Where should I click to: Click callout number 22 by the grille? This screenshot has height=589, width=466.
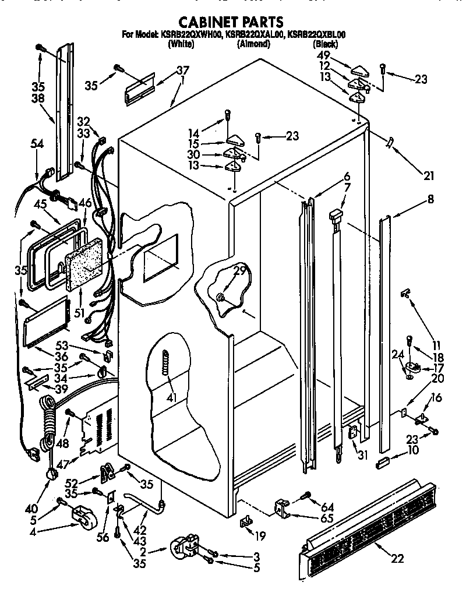[397, 559]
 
